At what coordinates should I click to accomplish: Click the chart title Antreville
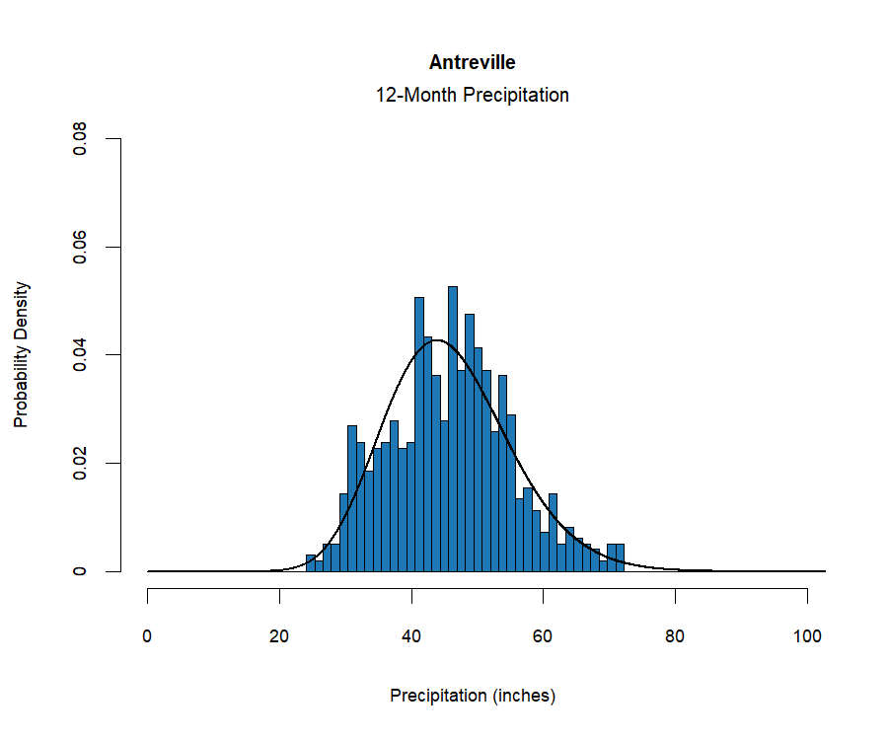[472, 63]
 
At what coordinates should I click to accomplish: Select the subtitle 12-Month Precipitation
[472, 96]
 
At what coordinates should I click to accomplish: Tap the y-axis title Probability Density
[22, 355]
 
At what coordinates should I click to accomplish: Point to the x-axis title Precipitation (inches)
[473, 696]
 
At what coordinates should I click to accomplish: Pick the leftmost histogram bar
[311, 563]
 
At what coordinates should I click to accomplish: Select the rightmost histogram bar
[620, 558]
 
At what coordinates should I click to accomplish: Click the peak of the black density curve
[436, 340]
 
